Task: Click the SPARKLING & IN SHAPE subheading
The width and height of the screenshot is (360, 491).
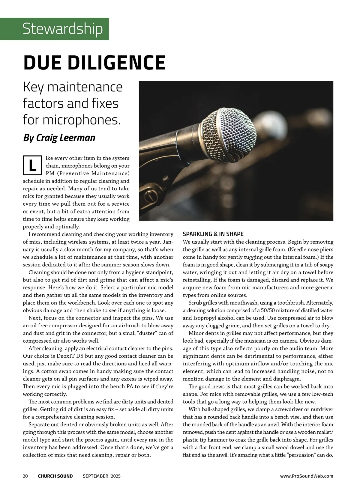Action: point(213,234)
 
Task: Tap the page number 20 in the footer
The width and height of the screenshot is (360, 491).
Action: point(25,476)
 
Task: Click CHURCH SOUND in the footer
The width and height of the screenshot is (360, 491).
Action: point(55,476)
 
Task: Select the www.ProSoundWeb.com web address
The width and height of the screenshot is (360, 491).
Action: point(307,476)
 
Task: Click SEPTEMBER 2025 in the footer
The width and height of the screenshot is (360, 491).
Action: point(102,476)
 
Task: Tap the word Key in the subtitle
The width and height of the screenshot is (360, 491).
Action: point(34,87)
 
